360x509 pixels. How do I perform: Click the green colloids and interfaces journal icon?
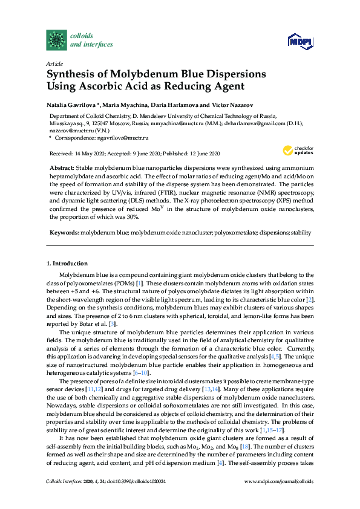pyautogui.click(x=57, y=39)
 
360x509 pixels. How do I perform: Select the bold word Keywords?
pyautogui.click(x=65, y=232)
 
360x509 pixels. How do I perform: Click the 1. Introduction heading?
pyautogui.click(x=67, y=264)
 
